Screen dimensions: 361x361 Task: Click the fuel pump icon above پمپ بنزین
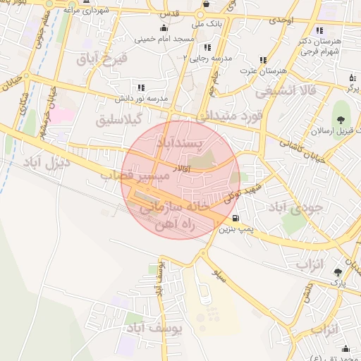click(235, 218)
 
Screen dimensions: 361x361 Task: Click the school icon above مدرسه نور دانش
click(141, 87)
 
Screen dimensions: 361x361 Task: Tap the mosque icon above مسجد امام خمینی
click(164, 28)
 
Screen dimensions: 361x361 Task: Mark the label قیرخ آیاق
click(104, 59)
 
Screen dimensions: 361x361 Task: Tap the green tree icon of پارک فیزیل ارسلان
click(342, 111)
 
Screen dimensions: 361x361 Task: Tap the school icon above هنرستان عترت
click(263, 60)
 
